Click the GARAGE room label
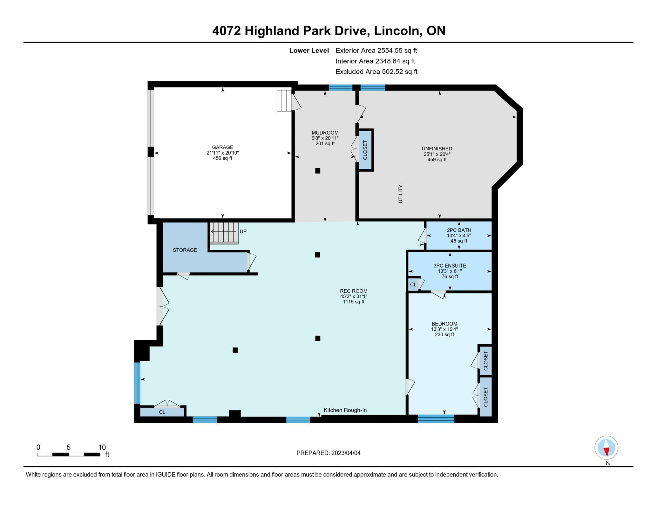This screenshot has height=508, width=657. pos(222,147)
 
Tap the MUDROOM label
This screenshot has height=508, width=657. pos(325,133)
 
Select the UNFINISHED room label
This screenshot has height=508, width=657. pos(437,148)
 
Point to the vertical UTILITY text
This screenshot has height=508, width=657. pos(400,194)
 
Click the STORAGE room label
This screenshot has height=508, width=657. pos(185,250)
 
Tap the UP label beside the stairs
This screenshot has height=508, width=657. pos(243,231)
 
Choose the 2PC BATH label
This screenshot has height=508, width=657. pos(459,230)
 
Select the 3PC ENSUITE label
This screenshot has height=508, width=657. pos(450,265)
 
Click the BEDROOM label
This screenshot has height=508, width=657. pos(444,324)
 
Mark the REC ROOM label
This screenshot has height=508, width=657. pos(354,291)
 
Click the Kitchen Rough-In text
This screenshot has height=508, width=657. pos(345,410)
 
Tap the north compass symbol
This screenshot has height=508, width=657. pos(606,448)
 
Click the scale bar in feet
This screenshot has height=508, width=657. pos(69,454)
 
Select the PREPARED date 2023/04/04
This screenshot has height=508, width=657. pos(328,453)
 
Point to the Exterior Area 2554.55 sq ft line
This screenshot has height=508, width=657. pos(376,50)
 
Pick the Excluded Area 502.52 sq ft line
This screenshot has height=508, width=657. pos(376,72)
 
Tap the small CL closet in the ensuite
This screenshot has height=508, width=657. pos(413,285)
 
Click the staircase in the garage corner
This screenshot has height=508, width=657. pos(284,101)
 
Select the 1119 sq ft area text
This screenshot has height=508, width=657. pos(354,302)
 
